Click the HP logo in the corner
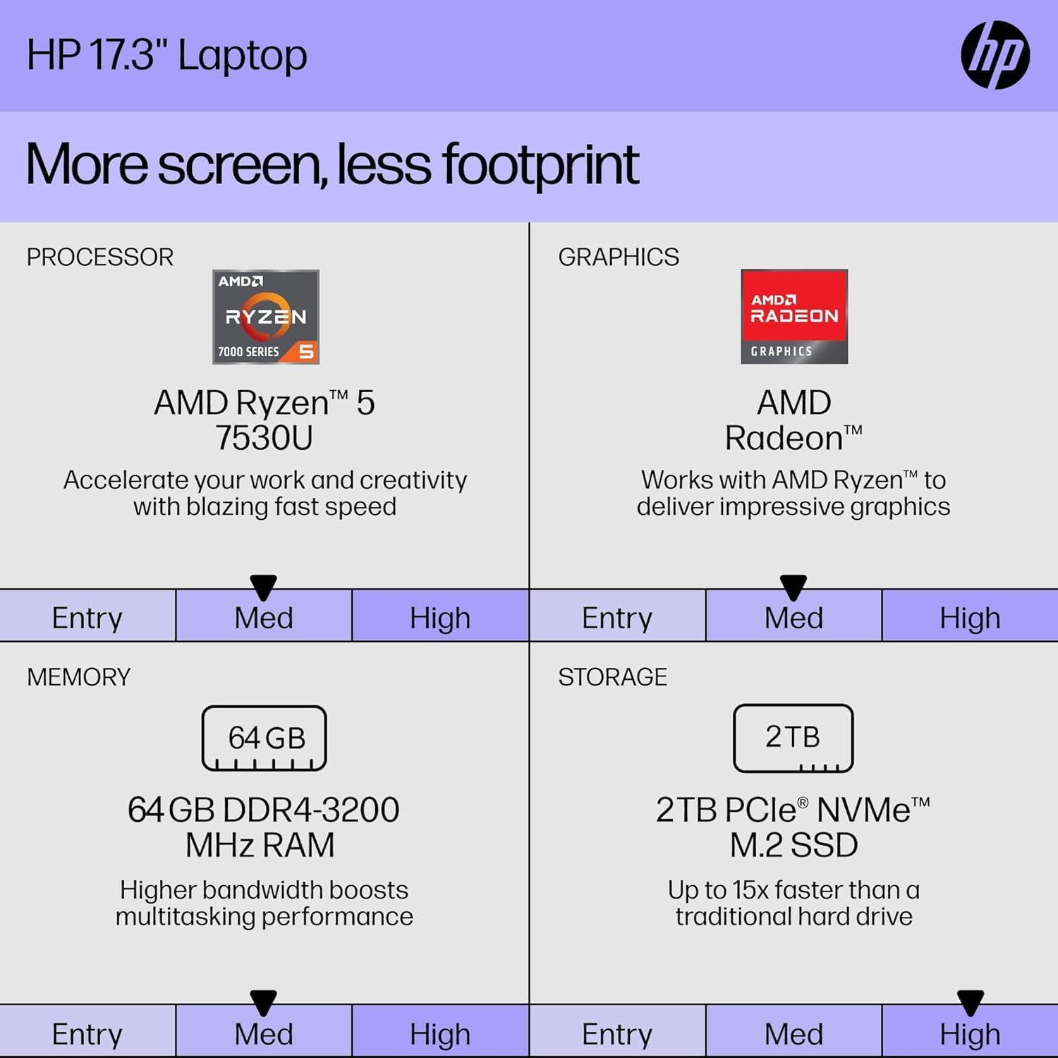pyautogui.click(x=995, y=55)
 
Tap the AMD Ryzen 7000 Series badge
pyautogui.click(x=266, y=317)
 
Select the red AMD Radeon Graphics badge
pyautogui.click(x=794, y=317)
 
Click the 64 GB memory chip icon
pyautogui.click(x=264, y=738)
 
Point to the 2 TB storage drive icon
pyautogui.click(x=793, y=738)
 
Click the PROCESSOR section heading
pyautogui.click(x=100, y=257)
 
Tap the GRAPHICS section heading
pyautogui.click(x=619, y=257)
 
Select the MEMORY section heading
pyautogui.click(x=79, y=677)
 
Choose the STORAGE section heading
pyautogui.click(x=612, y=677)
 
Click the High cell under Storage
pyautogui.click(x=970, y=1034)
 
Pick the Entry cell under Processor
pyautogui.click(x=87, y=618)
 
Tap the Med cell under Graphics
pyautogui.click(x=793, y=618)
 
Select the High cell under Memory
pyautogui.click(x=440, y=1034)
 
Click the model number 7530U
pyautogui.click(x=264, y=438)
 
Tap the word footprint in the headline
pyautogui.click(x=540, y=165)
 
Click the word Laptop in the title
pyautogui.click(x=243, y=56)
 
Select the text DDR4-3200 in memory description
pyautogui.click(x=311, y=810)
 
